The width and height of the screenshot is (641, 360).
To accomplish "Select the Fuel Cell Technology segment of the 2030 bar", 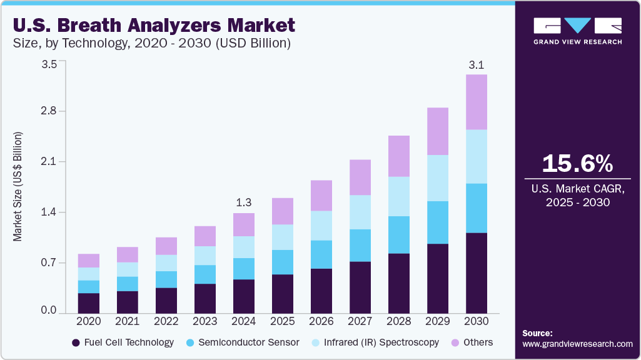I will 477,273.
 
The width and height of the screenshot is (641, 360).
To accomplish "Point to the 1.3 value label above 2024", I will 244,202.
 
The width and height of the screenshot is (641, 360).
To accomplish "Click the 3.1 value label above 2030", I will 477,64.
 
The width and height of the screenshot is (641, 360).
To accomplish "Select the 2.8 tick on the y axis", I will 49,111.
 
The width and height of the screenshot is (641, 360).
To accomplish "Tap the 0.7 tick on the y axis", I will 49,262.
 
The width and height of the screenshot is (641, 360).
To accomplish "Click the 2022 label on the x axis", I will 166,321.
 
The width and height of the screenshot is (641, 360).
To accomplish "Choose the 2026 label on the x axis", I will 321,321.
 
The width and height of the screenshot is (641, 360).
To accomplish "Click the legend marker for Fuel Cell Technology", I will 76,342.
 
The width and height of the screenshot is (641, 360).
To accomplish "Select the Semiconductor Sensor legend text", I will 249,342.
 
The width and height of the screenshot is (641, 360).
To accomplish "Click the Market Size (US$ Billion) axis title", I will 18,187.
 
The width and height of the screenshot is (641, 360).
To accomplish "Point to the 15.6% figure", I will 577,164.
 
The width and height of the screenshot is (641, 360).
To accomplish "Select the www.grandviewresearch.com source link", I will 577,344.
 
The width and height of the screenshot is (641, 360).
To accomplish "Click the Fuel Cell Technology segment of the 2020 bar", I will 89,303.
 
